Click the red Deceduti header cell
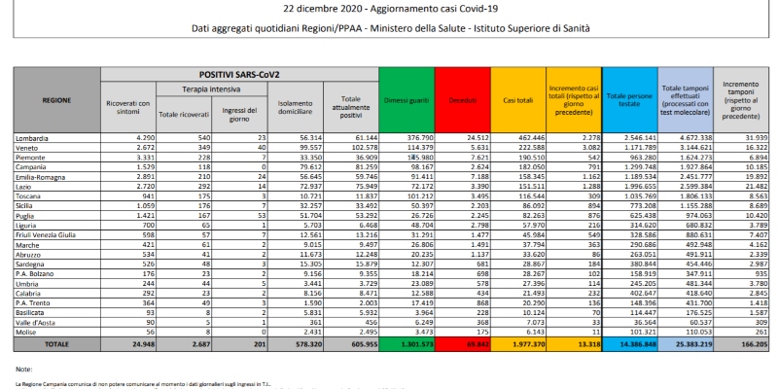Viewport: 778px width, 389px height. tap(454, 99)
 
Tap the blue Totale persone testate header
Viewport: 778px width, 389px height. tap(628, 99)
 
